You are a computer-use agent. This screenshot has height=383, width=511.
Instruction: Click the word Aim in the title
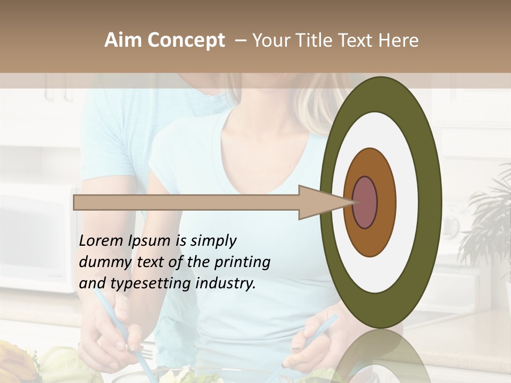[123, 40]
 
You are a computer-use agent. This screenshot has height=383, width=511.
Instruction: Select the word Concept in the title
[186, 40]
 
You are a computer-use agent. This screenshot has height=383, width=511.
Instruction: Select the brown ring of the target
[385, 202]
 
